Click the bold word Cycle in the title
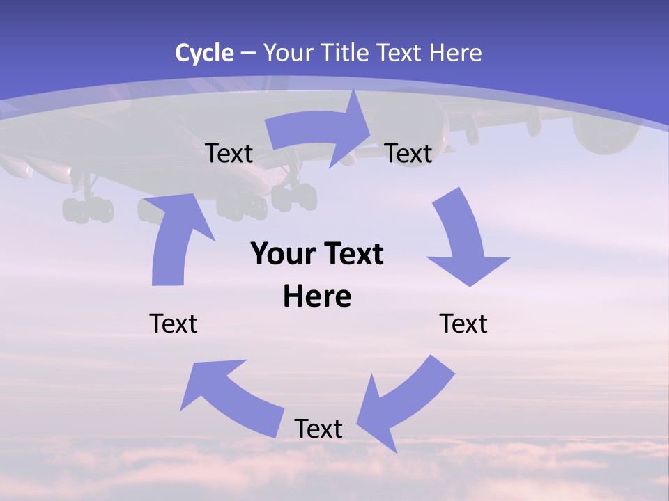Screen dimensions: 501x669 pyautogui.click(x=204, y=53)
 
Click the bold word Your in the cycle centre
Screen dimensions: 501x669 pyautogui.click(x=282, y=254)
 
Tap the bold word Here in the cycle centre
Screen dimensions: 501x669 pyautogui.click(x=317, y=296)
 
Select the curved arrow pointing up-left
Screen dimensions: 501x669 pyautogui.click(x=230, y=397)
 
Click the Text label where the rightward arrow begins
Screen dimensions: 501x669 pyautogui.click(x=229, y=153)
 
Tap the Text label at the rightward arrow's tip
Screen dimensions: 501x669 pyautogui.click(x=408, y=153)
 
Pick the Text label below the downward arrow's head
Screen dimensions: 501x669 pyautogui.click(x=463, y=324)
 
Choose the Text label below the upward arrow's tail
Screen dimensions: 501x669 pyautogui.click(x=174, y=324)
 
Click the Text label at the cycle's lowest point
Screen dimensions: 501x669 pyautogui.click(x=318, y=429)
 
